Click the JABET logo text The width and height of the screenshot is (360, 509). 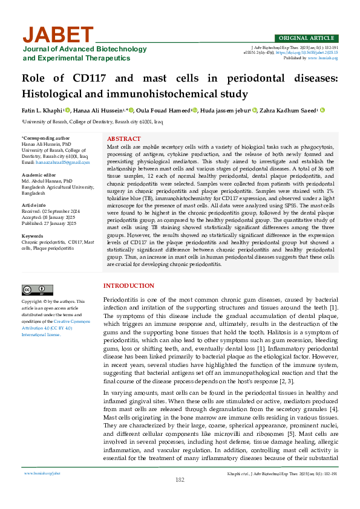(x=58, y=34)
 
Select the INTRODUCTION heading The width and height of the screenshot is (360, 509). (x=129, y=285)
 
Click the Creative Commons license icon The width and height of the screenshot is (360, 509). (x=37, y=290)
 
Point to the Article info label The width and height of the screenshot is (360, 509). (x=35, y=206)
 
